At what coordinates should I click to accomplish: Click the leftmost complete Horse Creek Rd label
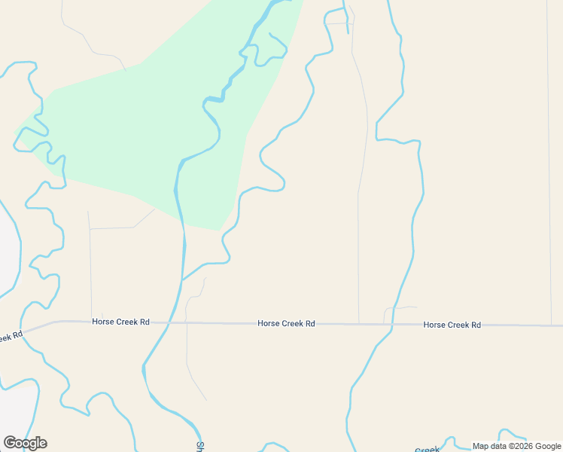120,322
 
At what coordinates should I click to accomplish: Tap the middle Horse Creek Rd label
286,323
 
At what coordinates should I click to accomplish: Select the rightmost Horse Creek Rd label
452,325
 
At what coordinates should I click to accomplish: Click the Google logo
25,443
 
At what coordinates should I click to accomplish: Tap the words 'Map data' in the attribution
490,446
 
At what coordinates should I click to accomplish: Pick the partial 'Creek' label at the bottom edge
427,450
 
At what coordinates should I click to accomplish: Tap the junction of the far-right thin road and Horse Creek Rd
552,325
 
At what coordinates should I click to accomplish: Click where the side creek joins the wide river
183,279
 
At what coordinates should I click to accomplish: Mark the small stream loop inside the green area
271,53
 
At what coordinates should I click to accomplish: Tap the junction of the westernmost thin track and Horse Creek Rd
92,321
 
